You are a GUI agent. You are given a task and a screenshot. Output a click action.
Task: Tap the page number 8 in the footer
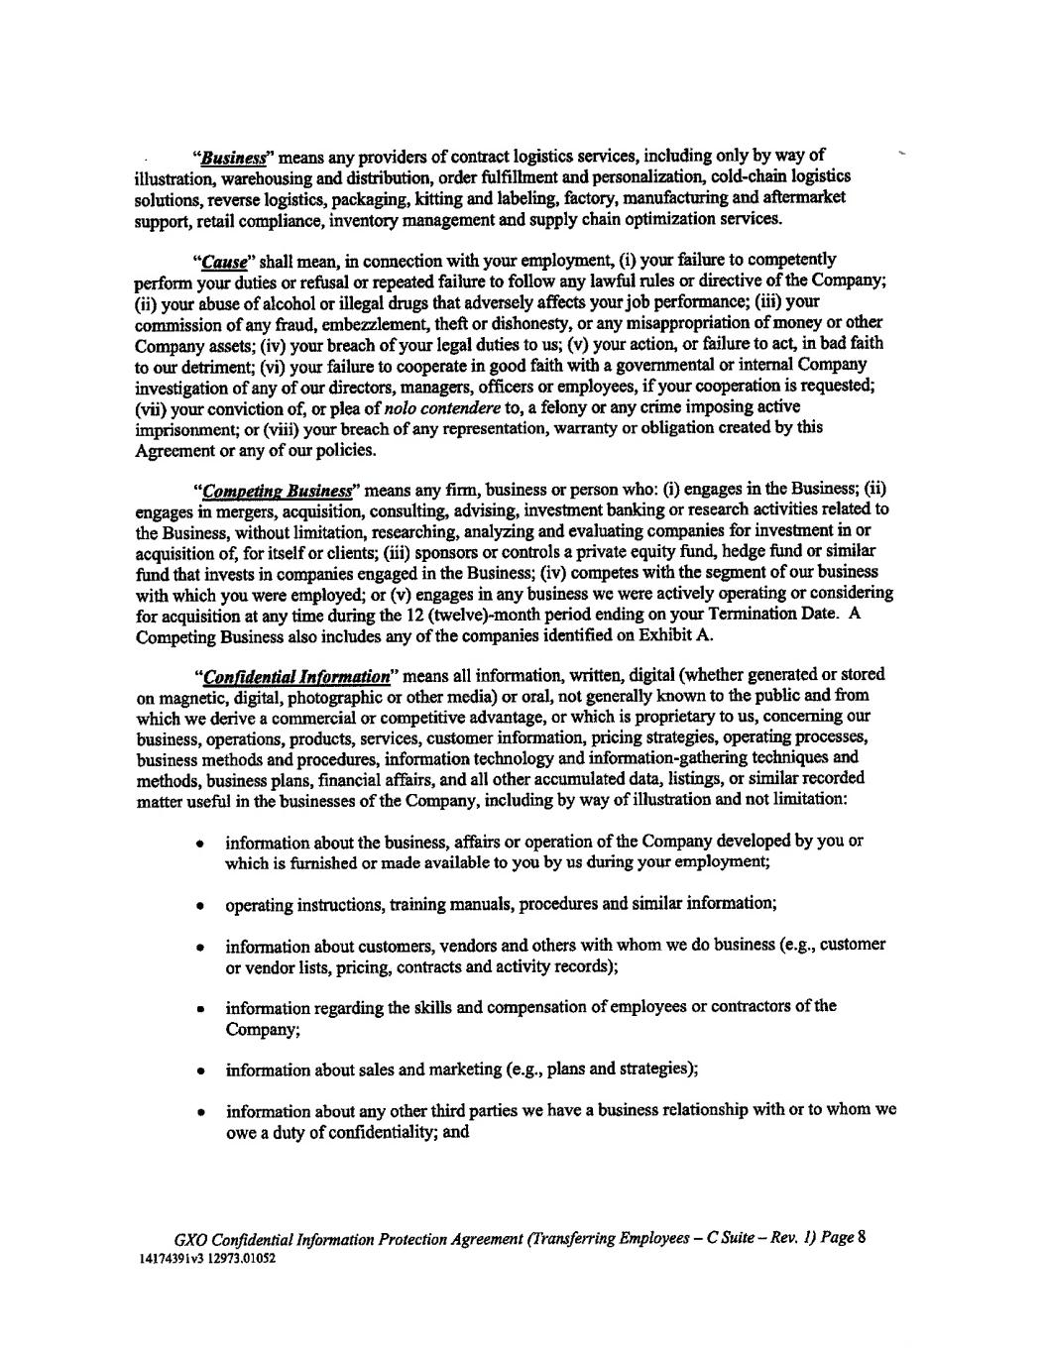point(862,1237)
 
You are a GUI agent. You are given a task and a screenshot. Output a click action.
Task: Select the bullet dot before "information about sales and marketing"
point(200,1071)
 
